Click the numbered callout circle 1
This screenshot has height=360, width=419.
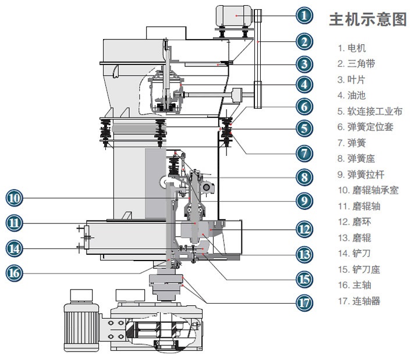(x=304, y=15)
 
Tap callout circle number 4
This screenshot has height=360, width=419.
(x=304, y=84)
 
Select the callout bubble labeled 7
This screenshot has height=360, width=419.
(x=304, y=153)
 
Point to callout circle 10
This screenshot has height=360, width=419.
(x=15, y=198)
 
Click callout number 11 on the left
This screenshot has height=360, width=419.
(x=15, y=222)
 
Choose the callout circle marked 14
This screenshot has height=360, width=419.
(x=15, y=248)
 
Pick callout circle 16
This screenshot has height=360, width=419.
(x=15, y=272)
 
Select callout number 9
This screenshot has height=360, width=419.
(x=304, y=201)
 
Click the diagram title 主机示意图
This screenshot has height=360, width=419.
(x=368, y=19)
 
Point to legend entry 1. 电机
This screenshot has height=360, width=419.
(x=353, y=48)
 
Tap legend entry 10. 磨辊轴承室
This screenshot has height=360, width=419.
(x=367, y=190)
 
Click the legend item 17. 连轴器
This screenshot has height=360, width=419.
(x=359, y=301)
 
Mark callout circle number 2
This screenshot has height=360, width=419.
(x=304, y=41)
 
